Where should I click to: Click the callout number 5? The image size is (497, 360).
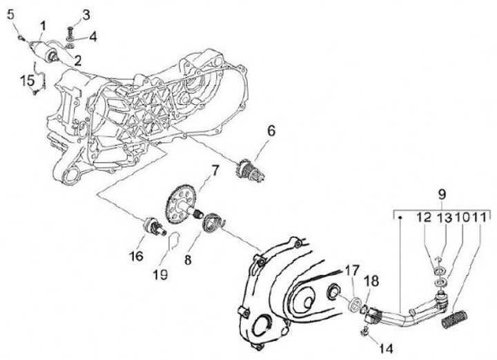click(10, 14)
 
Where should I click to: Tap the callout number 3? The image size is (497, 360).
click(86, 14)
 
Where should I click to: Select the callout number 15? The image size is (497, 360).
click(27, 81)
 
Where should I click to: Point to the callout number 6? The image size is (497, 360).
click(271, 130)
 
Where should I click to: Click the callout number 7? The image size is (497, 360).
click(215, 169)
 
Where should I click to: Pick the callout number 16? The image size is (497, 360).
click(135, 256)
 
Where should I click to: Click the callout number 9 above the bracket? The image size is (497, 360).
click(442, 193)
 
